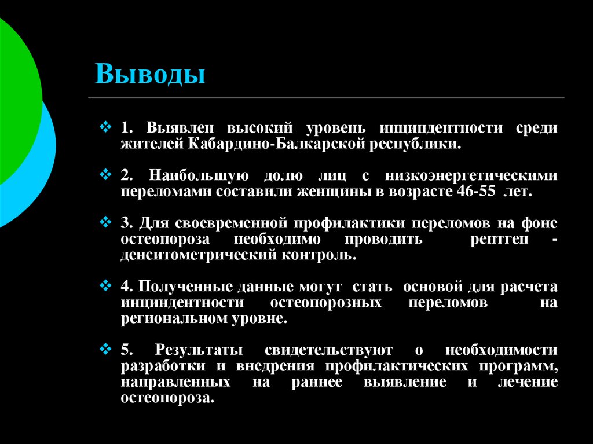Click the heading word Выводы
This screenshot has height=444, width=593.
151,74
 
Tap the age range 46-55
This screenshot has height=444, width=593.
473,191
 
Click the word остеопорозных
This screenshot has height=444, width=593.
325,303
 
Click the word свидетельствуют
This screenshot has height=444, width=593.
328,351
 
